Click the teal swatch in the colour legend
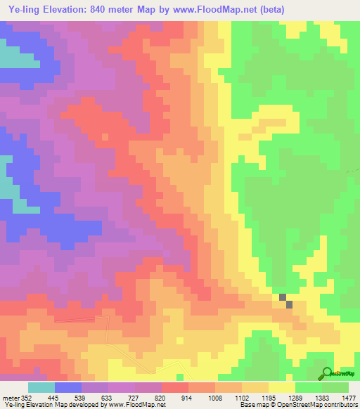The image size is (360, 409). coord(41,387)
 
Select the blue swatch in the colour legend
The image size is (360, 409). coord(68,387)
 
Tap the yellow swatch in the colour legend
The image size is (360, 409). coord(282,387)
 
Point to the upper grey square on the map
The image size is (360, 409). coord(283,297)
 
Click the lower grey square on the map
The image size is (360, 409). coord(290,304)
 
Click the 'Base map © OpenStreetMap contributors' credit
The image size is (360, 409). coord(299,405)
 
